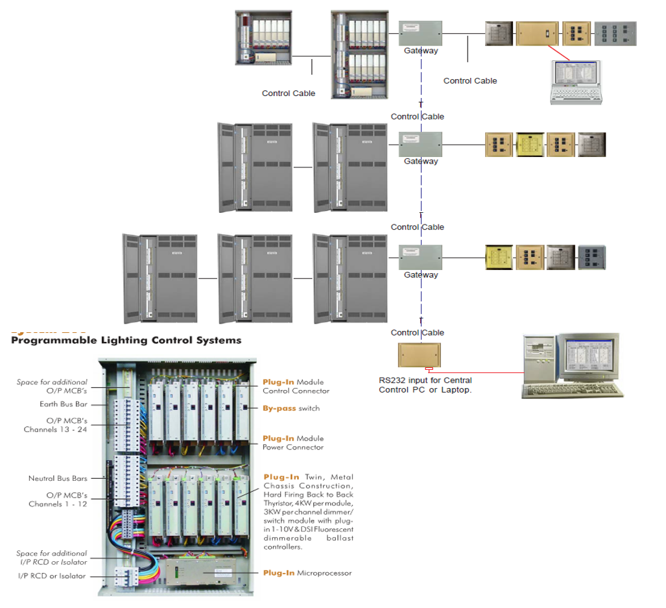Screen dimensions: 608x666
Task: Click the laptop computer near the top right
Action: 576,82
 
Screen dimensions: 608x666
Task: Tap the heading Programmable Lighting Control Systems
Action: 126,340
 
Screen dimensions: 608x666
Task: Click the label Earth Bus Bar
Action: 63,404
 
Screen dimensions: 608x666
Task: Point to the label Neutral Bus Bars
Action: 58,478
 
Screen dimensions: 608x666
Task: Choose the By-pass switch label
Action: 291,408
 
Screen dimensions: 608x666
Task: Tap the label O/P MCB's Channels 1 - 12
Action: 58,499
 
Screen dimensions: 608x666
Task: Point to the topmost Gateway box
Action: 420,32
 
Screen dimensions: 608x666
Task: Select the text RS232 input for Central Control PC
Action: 425,385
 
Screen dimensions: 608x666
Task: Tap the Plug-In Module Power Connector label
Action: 293,443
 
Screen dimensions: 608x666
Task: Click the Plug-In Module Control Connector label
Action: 296,386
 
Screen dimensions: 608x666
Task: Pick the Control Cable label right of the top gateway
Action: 470,81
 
